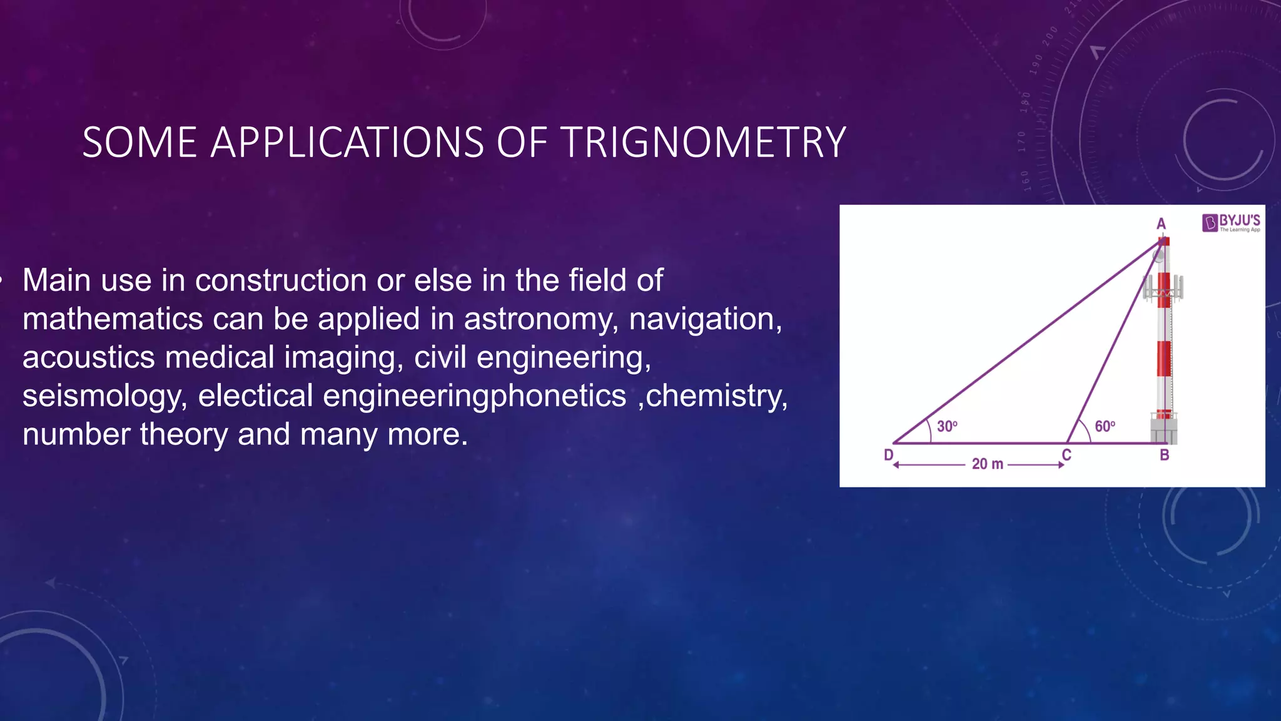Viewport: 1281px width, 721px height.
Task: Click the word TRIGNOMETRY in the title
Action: point(704,143)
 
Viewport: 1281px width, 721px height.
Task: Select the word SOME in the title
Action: point(139,143)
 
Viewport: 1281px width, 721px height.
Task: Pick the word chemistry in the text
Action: point(717,396)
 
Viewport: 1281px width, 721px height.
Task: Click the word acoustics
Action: point(88,357)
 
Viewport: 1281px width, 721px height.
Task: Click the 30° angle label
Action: point(947,427)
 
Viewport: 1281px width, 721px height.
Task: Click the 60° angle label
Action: point(1105,427)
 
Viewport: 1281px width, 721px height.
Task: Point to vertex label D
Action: point(888,455)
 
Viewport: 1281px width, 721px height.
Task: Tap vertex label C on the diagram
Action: point(1067,455)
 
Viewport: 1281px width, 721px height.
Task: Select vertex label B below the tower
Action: point(1164,456)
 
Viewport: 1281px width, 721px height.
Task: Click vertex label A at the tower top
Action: point(1161,224)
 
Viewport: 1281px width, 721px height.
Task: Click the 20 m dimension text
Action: point(987,464)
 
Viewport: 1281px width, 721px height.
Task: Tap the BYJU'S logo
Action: point(1230,223)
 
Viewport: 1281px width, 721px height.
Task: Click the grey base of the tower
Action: point(1163,431)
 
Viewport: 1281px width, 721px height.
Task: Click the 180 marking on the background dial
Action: point(1025,101)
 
